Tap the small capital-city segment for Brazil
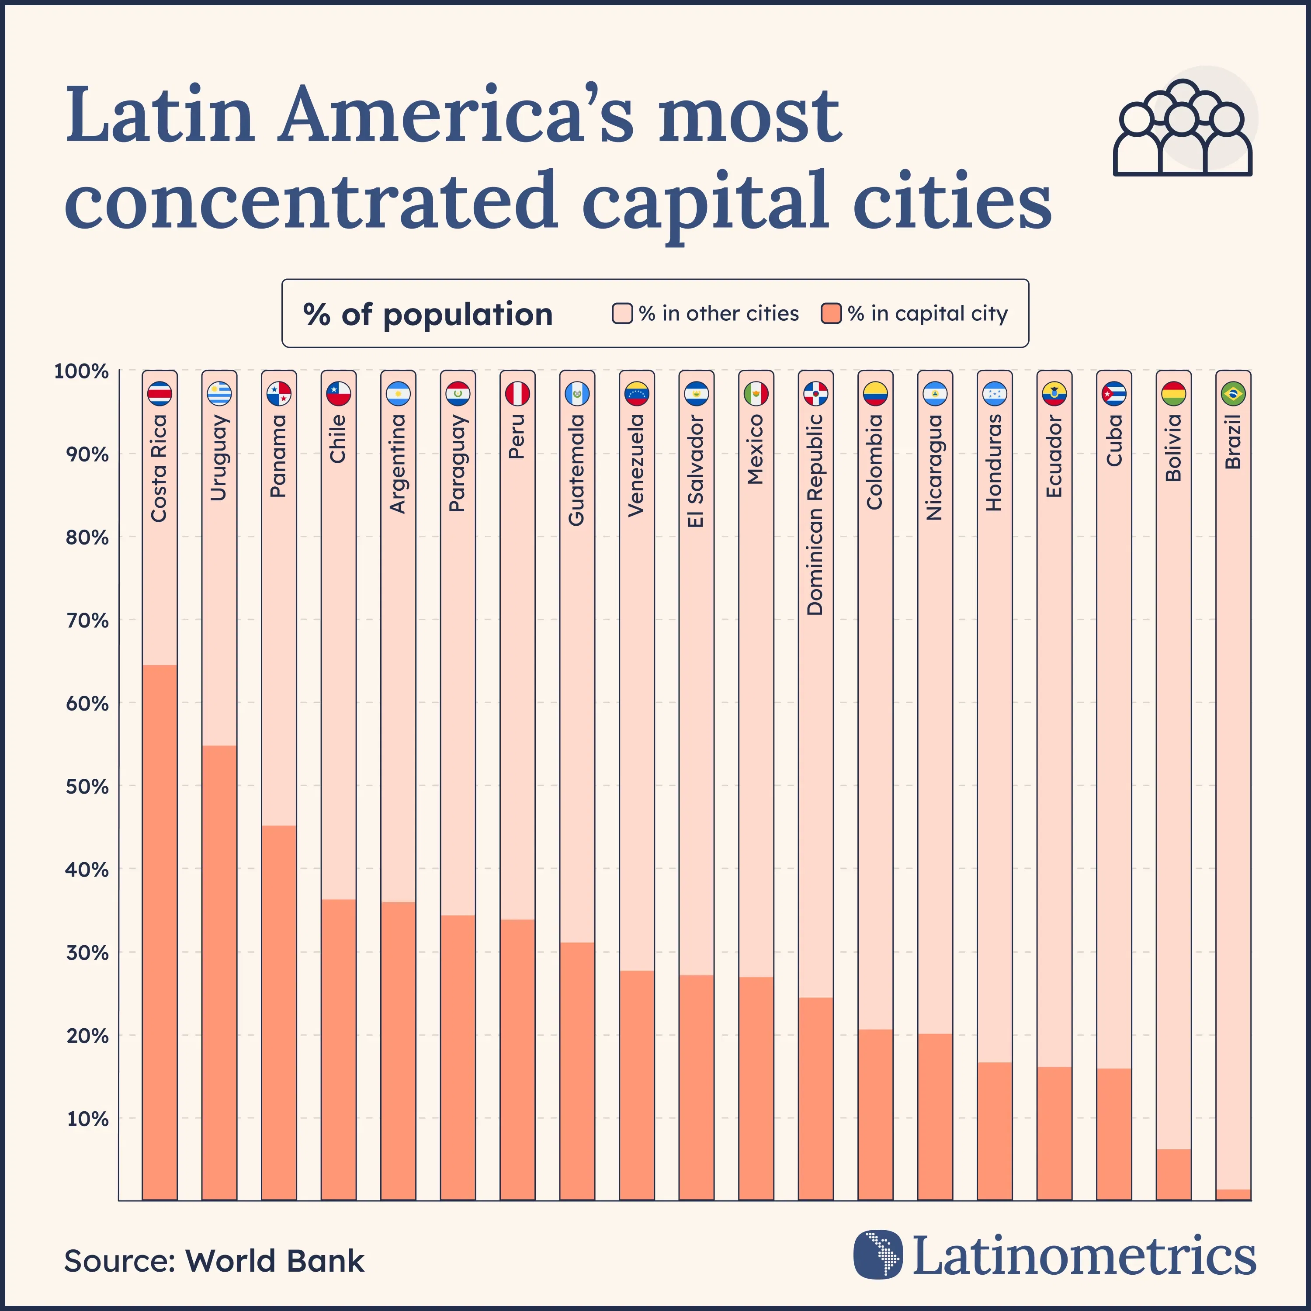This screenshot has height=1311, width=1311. point(1233,1194)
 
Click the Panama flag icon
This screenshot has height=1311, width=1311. point(279,394)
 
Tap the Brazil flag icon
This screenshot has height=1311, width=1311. point(1233,394)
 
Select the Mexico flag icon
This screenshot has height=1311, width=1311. point(756,394)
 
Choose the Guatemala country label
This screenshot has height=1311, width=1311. point(577,470)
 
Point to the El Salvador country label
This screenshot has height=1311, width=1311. point(696,471)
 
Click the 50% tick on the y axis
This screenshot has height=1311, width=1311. point(87,787)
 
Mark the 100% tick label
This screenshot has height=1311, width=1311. point(81,371)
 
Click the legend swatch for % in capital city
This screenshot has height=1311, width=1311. point(831,313)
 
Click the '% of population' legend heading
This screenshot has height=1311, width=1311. point(427,314)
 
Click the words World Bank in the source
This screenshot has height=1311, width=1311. point(275,1261)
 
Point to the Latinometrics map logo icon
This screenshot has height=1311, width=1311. point(878,1254)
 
